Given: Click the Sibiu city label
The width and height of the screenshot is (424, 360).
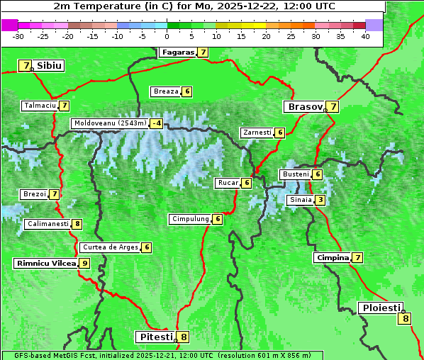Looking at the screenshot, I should (x=50, y=66).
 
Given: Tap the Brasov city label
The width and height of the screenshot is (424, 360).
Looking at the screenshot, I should (x=304, y=107).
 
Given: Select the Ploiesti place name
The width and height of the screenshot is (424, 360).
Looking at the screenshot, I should (x=381, y=308).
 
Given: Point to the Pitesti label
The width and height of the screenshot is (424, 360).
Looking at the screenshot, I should (x=155, y=337).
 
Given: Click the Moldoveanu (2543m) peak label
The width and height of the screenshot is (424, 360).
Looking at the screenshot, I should (x=110, y=123).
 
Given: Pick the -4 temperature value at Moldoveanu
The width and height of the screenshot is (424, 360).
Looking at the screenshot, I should (x=156, y=123).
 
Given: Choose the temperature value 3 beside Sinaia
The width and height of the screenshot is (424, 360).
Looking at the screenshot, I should (x=320, y=200).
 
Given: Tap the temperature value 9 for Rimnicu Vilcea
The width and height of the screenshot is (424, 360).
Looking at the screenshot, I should (x=84, y=263).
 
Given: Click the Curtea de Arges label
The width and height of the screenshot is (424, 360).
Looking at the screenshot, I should (x=109, y=247).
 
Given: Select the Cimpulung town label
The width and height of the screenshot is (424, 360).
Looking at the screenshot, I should (x=190, y=219).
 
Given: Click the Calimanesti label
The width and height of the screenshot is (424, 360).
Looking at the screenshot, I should (x=47, y=224).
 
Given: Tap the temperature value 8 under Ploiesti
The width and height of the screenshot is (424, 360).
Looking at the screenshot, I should (x=406, y=318).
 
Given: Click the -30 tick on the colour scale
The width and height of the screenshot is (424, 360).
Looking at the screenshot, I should (x=18, y=35).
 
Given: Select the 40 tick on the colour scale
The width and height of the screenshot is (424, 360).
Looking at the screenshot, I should (x=365, y=35).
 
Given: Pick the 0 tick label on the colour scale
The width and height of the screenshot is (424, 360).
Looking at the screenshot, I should (x=167, y=35).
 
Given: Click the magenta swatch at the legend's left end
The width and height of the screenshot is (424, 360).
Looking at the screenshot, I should (x=9, y=24).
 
